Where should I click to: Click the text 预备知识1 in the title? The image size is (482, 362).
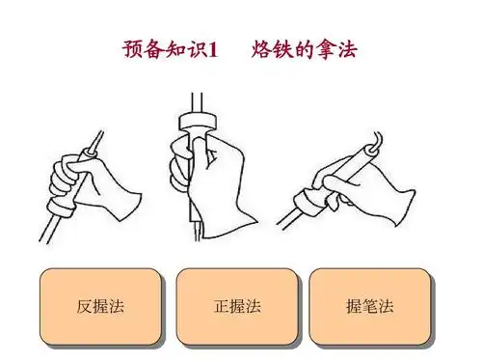click(172, 47)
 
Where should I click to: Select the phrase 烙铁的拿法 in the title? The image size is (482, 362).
click(305, 47)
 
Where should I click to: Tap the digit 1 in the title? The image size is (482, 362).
click(215, 48)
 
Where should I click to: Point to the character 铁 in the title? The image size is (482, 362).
click(282, 47)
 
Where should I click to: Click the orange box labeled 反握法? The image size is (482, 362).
click(101, 307)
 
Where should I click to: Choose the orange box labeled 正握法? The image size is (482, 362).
click(236, 307)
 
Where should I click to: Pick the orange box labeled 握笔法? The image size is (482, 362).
click(370, 307)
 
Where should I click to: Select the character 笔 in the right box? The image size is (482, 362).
click(370, 308)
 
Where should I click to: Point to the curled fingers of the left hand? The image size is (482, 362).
click(66, 178)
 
